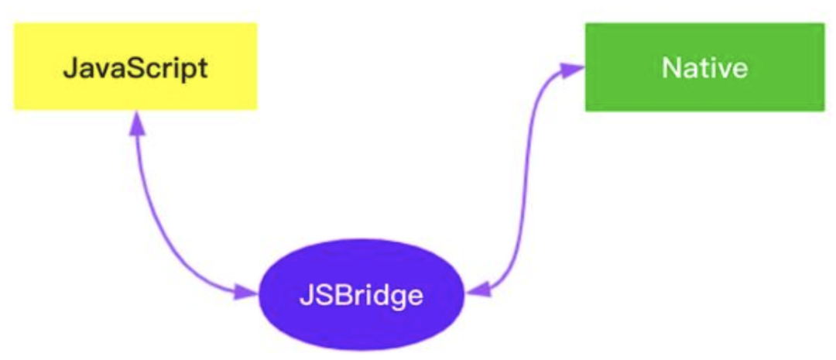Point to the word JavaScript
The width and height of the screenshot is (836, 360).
(x=135, y=68)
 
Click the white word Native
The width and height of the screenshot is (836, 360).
(x=704, y=68)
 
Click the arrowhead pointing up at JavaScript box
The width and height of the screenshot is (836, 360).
(x=137, y=122)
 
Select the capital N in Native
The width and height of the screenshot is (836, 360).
(x=670, y=68)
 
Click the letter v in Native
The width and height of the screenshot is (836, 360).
(x=725, y=70)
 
